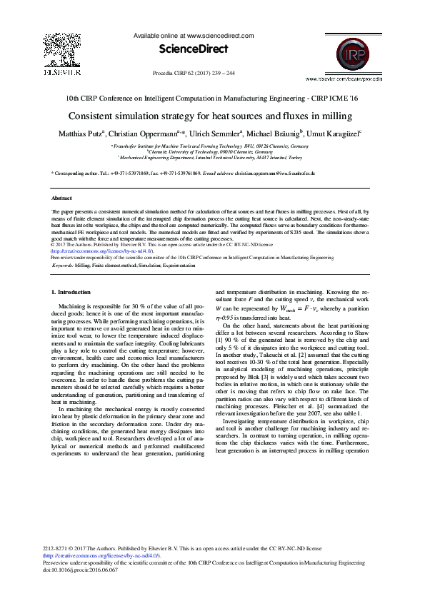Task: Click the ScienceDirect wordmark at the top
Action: pos(193,49)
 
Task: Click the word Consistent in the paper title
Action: pos(95,116)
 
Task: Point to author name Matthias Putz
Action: pos(84,133)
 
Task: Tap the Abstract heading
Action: pos(62,198)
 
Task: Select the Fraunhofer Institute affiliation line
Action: pos(212,146)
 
